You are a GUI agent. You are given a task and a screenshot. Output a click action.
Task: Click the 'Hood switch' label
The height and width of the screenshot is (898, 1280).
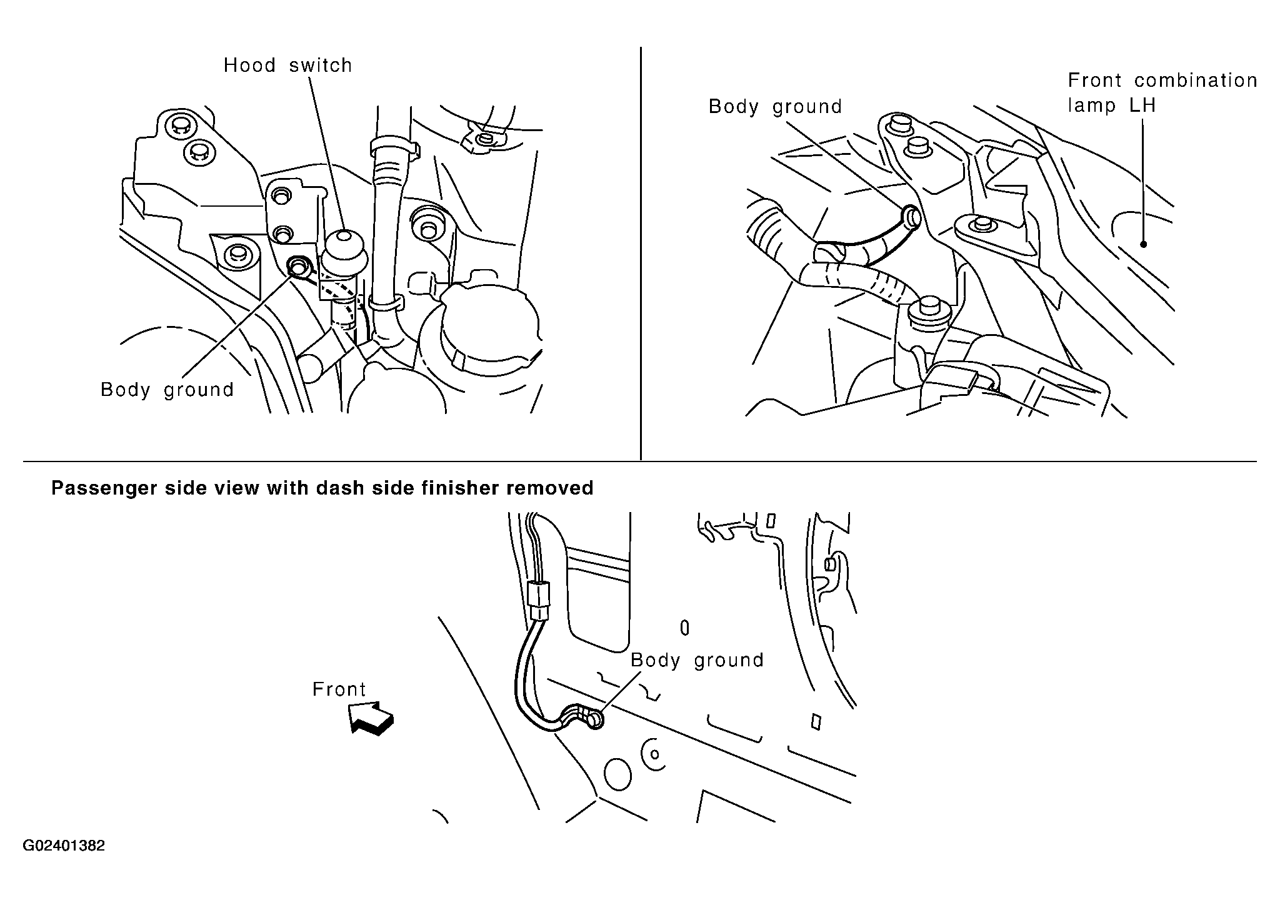point(288,65)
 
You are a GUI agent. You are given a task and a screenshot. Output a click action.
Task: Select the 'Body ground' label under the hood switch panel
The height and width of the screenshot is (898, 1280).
point(167,390)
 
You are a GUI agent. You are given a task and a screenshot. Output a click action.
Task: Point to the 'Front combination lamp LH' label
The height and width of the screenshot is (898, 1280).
point(1162,92)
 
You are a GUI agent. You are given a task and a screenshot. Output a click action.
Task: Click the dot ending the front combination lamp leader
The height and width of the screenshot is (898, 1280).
point(1143,244)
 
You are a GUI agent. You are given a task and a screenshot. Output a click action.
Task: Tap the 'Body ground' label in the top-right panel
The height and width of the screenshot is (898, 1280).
point(775,107)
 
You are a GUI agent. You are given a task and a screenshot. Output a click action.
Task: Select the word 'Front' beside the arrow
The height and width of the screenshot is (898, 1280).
point(339,689)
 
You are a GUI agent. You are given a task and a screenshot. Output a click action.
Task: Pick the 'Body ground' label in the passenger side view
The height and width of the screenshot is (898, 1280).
point(697,660)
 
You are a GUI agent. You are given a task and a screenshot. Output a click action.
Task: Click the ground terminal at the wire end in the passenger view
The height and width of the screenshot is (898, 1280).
point(594,720)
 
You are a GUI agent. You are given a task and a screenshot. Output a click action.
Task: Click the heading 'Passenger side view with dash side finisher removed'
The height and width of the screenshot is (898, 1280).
point(322,488)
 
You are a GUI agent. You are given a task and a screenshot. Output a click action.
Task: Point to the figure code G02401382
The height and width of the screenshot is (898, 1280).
point(64,846)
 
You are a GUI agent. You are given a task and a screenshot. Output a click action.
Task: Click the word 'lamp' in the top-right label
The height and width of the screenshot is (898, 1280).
point(1091,105)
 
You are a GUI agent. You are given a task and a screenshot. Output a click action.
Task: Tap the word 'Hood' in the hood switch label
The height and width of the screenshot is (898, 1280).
point(250,65)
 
